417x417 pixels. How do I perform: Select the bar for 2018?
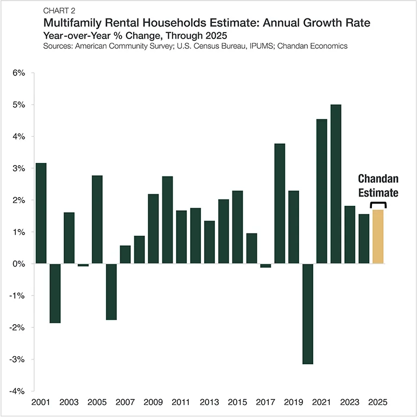pyautogui.click(x=280, y=204)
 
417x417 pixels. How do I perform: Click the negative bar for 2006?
pyautogui.click(x=111, y=292)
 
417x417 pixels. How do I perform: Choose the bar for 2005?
pyautogui.click(x=97, y=219)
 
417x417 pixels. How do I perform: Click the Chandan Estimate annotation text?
pyautogui.click(x=378, y=185)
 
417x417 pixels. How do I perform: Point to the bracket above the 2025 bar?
pyautogui.click(x=378, y=205)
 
